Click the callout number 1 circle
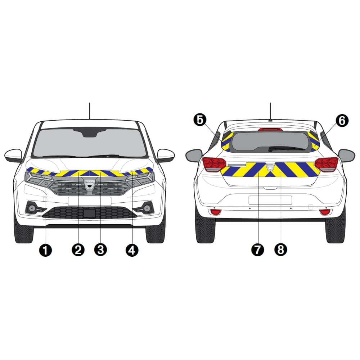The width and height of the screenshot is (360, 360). [45, 250]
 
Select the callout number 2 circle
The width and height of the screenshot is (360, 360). [78, 250]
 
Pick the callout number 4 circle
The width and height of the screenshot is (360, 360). [132, 250]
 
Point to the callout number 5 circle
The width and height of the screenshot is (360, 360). [200, 120]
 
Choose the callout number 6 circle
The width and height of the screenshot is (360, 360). [342, 121]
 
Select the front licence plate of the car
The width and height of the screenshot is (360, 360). [90, 201]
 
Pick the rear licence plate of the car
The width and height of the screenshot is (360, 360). [270, 200]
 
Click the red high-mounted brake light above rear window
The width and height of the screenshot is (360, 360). [270, 130]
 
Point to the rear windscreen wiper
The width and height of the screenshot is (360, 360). [286, 148]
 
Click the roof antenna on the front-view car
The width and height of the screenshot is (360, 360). [90, 111]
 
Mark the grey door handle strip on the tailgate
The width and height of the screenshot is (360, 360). [237, 165]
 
